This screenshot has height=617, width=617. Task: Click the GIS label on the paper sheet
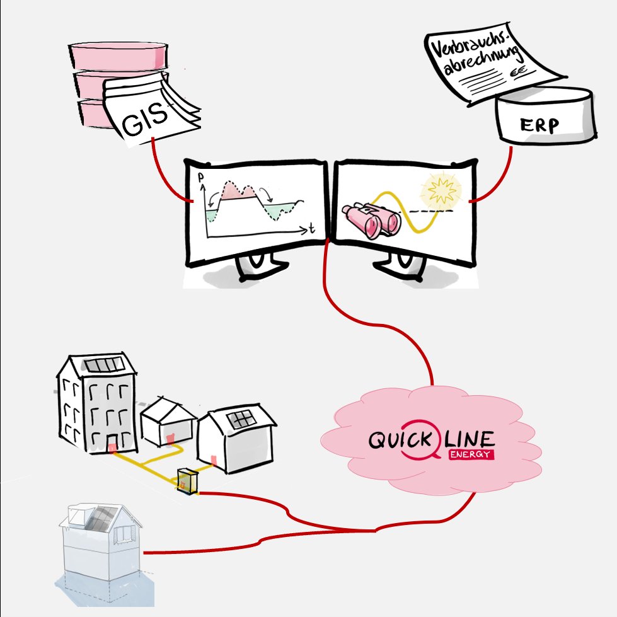(x=144, y=118)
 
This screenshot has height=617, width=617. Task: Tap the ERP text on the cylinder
(x=539, y=125)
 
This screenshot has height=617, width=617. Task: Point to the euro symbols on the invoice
(x=518, y=72)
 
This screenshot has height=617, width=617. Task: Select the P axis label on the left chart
(x=201, y=178)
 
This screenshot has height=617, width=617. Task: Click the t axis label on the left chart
(x=311, y=228)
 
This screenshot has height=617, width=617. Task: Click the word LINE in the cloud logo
(x=469, y=439)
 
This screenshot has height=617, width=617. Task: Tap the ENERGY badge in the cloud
(x=471, y=454)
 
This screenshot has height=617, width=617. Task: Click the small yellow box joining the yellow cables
(x=187, y=481)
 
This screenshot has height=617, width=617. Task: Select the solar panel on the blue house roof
(x=101, y=518)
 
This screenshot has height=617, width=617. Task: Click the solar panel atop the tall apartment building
(x=104, y=365)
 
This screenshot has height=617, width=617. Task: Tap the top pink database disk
(x=118, y=55)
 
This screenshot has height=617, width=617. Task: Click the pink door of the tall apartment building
(x=113, y=448)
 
